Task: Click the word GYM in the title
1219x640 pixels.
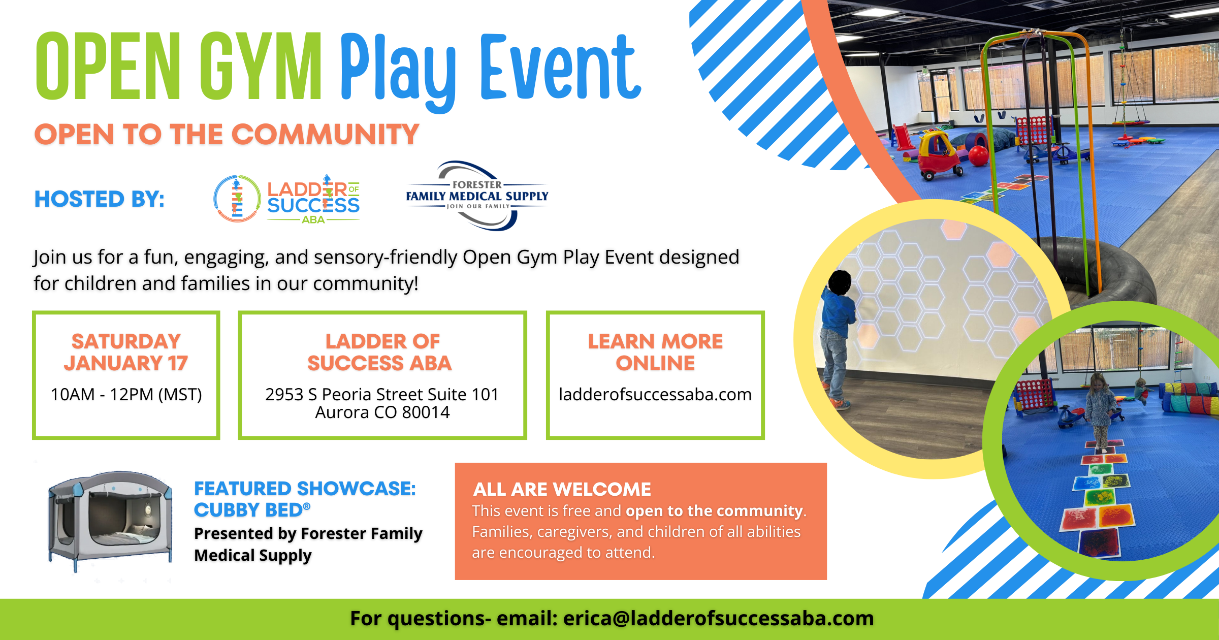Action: pyautogui.click(x=260, y=66)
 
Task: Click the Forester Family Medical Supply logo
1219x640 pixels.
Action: pyautogui.click(x=477, y=196)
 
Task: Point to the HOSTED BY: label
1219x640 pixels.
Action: pyautogui.click(x=100, y=199)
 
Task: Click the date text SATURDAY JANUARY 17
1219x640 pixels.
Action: pyautogui.click(x=126, y=352)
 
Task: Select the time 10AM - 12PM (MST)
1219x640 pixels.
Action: pyautogui.click(x=126, y=394)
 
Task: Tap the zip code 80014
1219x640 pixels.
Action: pyautogui.click(x=426, y=412)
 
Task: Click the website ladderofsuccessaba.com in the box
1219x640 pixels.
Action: pyautogui.click(x=655, y=394)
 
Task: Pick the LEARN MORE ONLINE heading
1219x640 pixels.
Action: pyautogui.click(x=655, y=352)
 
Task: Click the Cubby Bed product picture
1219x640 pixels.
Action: pyautogui.click(x=110, y=521)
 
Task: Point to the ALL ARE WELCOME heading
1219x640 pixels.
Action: pyautogui.click(x=562, y=489)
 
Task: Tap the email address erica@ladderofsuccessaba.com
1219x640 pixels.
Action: pyautogui.click(x=718, y=619)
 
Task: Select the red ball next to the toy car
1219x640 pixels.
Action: pyautogui.click(x=978, y=156)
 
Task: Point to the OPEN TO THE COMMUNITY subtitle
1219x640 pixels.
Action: pyautogui.click(x=227, y=135)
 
